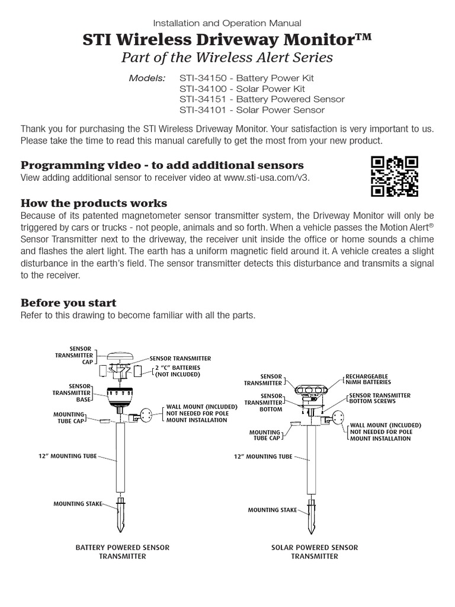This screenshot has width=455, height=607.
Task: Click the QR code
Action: click(395, 175)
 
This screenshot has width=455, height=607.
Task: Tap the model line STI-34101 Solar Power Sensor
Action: click(252, 110)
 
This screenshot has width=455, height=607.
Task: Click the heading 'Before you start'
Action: click(69, 303)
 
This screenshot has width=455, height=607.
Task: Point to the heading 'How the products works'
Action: click(94, 203)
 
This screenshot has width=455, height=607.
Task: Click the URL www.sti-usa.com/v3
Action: click(267, 177)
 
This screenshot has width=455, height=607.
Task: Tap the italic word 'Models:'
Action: click(148, 78)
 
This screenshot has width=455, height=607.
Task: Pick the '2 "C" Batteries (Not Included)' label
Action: click(178, 371)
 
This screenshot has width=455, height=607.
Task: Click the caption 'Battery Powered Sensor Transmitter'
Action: click(123, 552)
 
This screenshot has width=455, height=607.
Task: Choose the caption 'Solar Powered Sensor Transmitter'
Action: click(315, 552)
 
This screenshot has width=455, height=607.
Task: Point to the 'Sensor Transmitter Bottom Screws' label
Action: click(380, 398)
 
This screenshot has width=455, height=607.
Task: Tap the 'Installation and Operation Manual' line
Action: click(227, 23)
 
